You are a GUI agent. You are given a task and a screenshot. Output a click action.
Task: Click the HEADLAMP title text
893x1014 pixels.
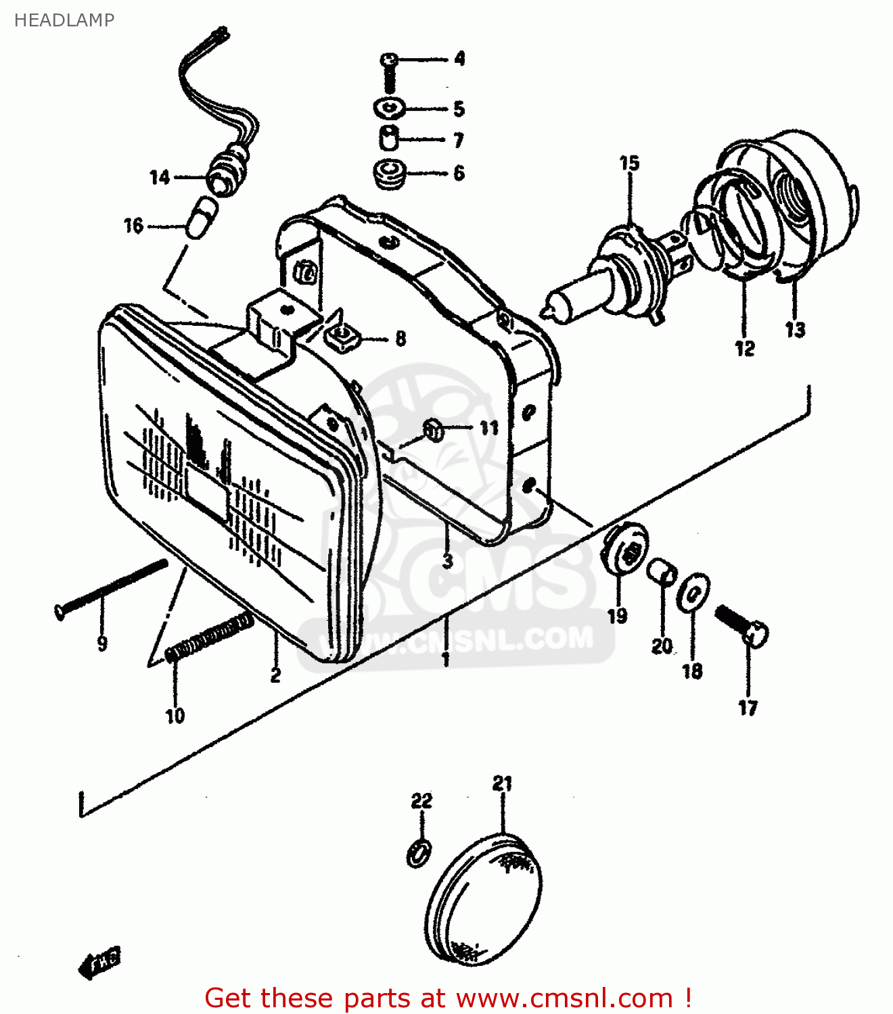click(64, 20)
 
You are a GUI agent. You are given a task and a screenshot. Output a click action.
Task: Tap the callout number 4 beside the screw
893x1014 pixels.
click(459, 59)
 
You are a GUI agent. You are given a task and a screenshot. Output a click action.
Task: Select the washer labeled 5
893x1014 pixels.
click(389, 107)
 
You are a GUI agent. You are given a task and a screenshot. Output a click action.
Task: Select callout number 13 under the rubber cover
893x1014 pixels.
click(795, 330)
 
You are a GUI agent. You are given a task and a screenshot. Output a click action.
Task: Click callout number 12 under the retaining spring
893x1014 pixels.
click(744, 348)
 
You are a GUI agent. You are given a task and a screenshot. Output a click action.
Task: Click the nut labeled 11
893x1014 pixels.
click(434, 429)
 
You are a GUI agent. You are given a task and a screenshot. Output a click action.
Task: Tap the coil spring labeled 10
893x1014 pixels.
click(210, 637)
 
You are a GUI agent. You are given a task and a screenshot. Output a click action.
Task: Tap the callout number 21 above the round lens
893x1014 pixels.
click(502, 784)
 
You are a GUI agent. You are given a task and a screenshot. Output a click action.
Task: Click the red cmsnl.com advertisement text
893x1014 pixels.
click(448, 998)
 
